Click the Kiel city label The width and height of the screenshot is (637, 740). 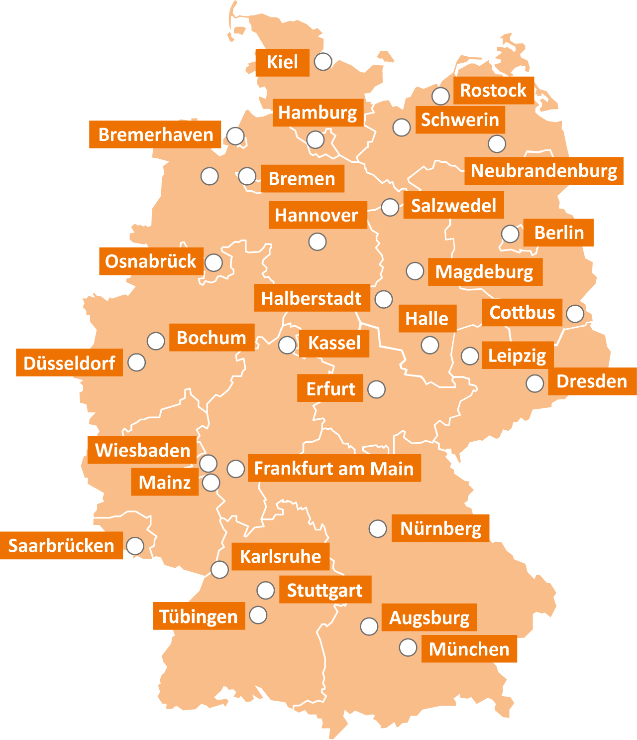coord(282,62)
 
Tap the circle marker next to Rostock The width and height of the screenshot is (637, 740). coord(440,96)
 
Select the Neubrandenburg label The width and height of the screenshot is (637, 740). coord(543,171)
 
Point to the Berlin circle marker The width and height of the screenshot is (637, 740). coord(510,234)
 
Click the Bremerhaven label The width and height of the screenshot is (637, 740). coord(155,134)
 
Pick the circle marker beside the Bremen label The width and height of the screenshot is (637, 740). coord(247,176)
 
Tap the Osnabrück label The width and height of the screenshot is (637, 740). coord(151,261)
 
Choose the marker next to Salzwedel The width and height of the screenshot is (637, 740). coord(390,207)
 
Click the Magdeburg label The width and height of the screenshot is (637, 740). coord(485,272)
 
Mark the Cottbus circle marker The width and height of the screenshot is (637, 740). coord(575,314)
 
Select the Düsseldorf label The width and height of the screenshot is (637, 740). coord(69,363)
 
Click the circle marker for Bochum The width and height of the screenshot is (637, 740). coord(156,341)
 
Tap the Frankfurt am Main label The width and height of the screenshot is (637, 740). coord(334,468)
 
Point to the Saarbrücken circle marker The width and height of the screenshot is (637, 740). coord(135,546)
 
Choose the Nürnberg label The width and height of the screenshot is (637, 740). coord(440,528)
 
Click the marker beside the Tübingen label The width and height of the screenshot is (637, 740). coord(258,615)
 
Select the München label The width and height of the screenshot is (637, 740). coord(469,649)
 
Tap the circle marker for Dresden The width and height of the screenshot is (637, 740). coord(535,383)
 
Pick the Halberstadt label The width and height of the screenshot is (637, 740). coord(312,298)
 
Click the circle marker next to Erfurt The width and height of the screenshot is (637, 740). coord(376,389)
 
